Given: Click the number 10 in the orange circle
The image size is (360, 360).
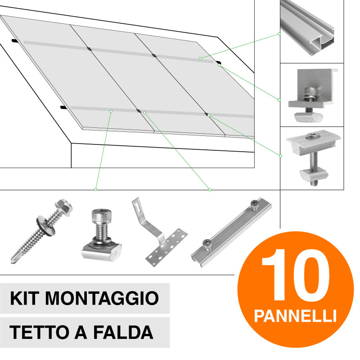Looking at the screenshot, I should [295, 275].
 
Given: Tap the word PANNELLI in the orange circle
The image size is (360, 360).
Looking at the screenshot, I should [295, 315].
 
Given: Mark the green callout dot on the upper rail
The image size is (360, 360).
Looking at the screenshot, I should [200, 58].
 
